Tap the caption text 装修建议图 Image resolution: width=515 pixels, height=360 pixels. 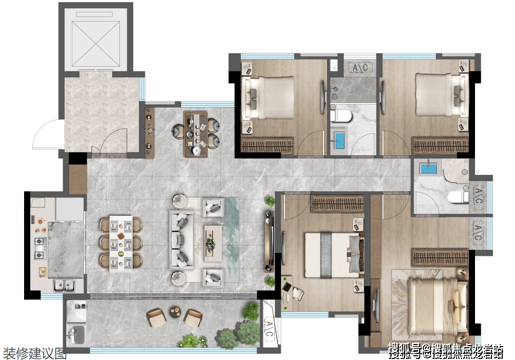click(34, 353)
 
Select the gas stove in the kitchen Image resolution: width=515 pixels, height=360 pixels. click(40, 248)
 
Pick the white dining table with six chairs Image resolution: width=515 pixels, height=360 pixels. click(121, 243)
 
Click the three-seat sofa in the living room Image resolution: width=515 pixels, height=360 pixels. click(181, 239)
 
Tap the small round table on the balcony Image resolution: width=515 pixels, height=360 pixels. click(175, 311)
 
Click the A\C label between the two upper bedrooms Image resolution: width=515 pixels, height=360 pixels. click(360, 68)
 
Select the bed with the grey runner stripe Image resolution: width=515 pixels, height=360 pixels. click(334, 255)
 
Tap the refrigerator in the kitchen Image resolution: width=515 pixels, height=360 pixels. click(70, 208)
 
